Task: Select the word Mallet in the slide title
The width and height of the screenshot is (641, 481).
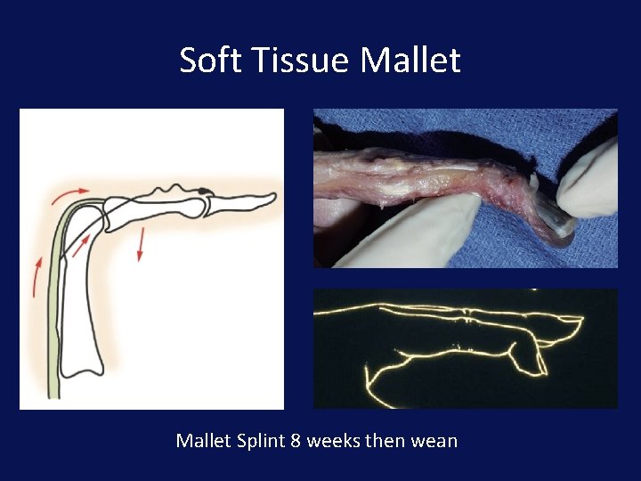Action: point(410,61)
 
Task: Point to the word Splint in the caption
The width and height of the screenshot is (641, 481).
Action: point(258,440)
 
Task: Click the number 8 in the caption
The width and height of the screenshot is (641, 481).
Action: point(296,440)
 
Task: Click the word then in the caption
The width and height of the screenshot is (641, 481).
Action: point(384,440)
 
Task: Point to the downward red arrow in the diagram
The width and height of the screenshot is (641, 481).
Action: point(140,243)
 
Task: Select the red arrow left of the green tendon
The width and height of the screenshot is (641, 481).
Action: point(36,276)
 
